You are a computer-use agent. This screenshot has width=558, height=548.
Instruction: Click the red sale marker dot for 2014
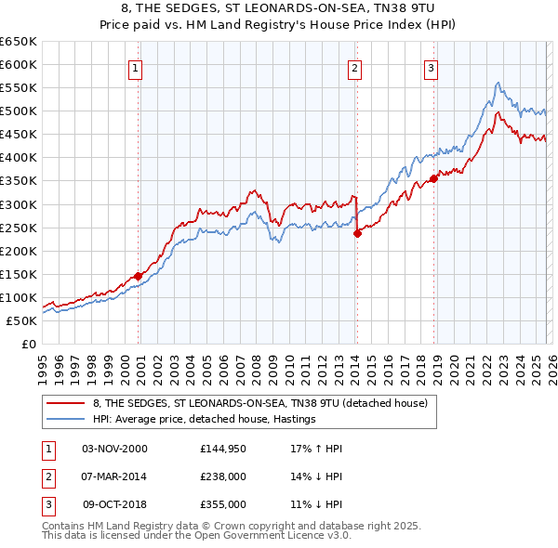pos(357,233)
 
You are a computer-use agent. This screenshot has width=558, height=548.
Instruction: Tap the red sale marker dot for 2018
pos(433,178)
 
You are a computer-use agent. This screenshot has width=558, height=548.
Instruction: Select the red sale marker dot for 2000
pos(138,276)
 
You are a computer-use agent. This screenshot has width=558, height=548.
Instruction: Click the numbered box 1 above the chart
pos(136,67)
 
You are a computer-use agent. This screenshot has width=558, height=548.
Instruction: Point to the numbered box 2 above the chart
pos(355,67)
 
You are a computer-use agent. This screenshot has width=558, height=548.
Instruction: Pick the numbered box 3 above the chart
pos(432,67)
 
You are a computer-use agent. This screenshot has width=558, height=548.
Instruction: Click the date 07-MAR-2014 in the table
pos(114,476)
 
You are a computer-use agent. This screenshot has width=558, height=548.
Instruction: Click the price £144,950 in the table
pos(222,449)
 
